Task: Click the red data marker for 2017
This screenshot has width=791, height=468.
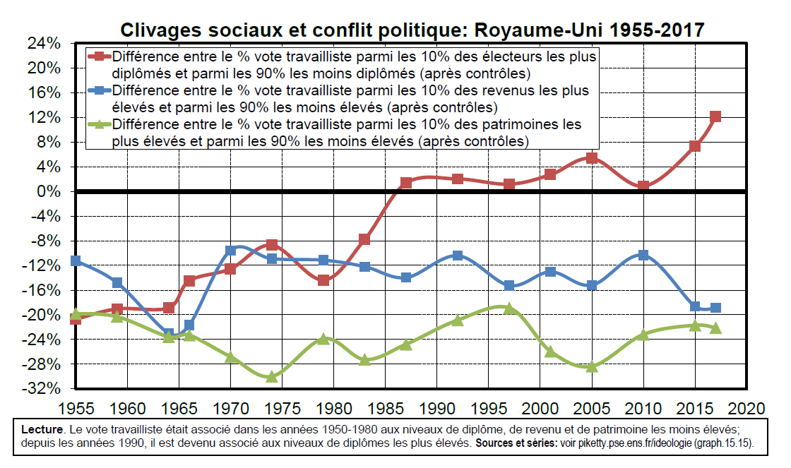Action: pos(715,116)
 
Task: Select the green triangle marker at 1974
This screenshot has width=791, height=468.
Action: pos(271,376)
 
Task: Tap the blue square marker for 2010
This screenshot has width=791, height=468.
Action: pos(643,255)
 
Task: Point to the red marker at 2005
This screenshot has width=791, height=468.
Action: pos(592,158)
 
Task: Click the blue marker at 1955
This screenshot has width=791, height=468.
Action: pos(76,261)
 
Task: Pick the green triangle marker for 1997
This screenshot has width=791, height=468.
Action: pos(509,308)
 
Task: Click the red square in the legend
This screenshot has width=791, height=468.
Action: pos(100,56)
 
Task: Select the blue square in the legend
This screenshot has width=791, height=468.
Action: pos(100,90)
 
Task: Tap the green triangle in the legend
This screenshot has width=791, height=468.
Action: pos(100,125)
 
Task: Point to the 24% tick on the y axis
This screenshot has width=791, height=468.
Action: pos(43,44)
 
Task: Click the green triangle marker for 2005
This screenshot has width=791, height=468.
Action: pos(592,366)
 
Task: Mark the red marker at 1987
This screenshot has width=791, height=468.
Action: pos(406,183)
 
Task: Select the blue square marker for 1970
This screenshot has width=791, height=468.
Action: pos(230,251)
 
